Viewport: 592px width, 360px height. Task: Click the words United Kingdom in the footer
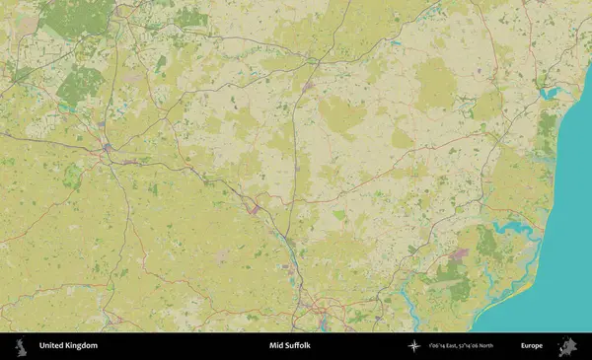(x=68, y=346)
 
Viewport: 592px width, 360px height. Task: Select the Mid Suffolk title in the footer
(x=289, y=346)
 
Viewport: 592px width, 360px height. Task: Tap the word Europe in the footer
(x=532, y=346)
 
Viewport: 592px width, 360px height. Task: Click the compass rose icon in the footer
(x=414, y=346)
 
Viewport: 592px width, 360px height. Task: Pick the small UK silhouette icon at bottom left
(x=19, y=346)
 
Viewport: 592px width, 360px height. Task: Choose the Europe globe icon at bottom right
(x=567, y=346)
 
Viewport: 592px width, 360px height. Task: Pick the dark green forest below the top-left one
(x=79, y=87)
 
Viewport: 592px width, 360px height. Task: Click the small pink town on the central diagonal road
(x=256, y=208)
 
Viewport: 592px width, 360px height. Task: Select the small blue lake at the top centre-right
(x=396, y=43)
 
